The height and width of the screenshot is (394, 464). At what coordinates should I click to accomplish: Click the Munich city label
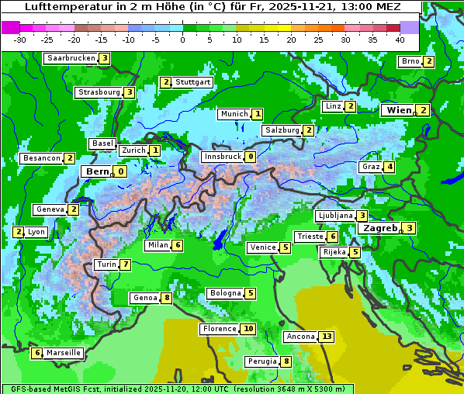[234, 114]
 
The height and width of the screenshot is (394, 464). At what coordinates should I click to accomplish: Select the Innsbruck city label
[222, 157]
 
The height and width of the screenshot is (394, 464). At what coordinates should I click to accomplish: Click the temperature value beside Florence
[248, 329]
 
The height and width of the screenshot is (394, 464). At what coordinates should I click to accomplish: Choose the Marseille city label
[63, 353]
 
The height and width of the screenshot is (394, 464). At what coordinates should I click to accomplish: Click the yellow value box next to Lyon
[19, 232]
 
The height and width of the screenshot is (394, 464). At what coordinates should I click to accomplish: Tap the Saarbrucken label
[71, 58]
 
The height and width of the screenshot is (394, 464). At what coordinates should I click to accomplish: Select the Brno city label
[410, 61]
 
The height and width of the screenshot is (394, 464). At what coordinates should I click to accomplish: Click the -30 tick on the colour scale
[20, 39]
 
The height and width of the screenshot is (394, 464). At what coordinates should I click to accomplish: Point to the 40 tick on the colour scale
[400, 39]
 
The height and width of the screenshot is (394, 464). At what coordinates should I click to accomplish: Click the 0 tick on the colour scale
[182, 39]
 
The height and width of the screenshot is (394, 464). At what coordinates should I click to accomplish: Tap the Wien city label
[399, 110]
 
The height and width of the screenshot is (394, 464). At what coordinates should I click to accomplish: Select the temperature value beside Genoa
[167, 298]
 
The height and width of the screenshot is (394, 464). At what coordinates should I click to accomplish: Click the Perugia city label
[261, 361]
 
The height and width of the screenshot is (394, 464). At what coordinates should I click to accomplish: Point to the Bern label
[98, 171]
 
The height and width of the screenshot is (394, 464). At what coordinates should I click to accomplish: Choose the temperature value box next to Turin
[126, 264]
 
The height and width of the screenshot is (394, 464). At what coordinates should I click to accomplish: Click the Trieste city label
[310, 237]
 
